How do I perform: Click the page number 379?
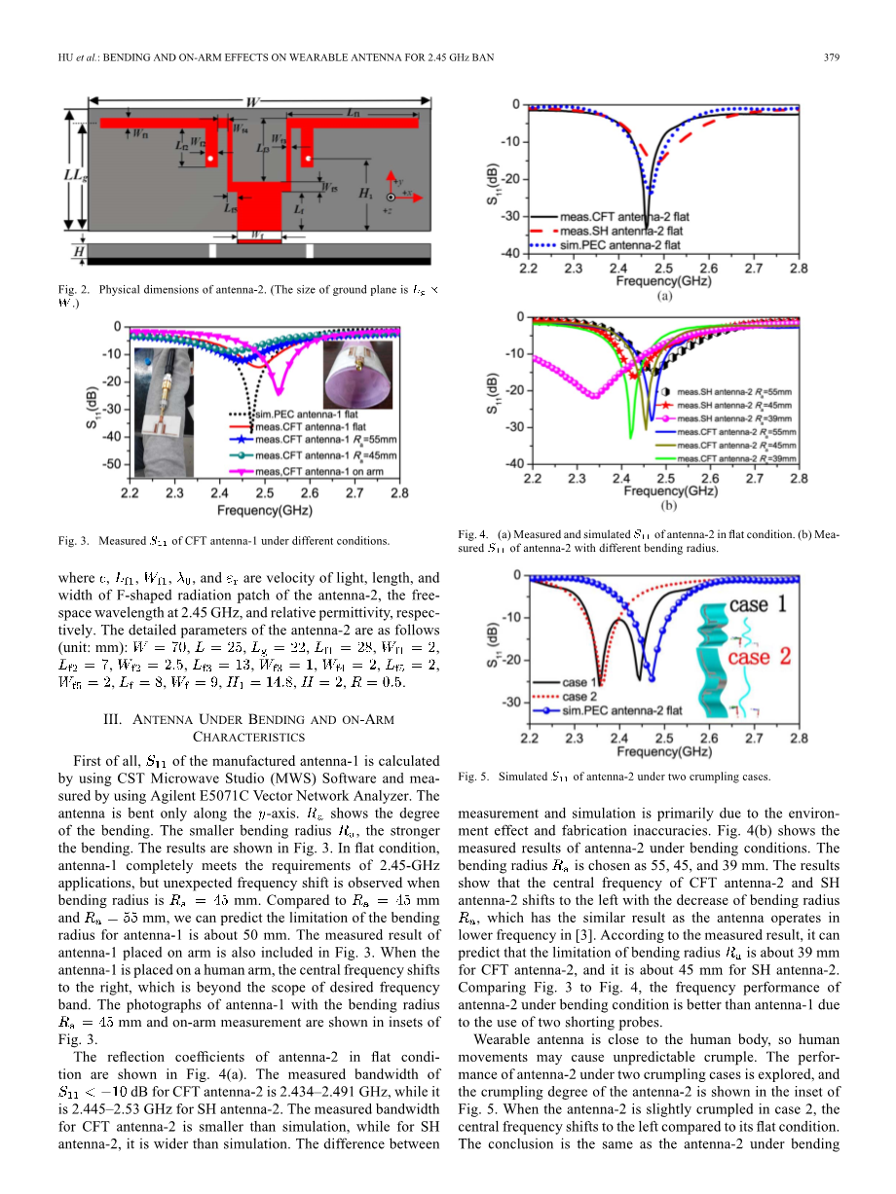click(x=832, y=57)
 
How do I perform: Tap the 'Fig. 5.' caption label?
click(x=472, y=777)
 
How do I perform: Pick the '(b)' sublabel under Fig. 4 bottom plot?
click(x=669, y=506)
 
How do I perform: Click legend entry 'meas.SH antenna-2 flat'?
click(x=620, y=231)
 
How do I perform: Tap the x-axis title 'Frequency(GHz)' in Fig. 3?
click(x=264, y=510)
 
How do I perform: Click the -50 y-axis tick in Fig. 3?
click(x=112, y=463)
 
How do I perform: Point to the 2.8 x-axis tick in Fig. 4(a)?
click(x=798, y=269)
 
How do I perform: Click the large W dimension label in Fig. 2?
click(x=252, y=102)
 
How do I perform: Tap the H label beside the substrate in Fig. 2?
click(x=75, y=253)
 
